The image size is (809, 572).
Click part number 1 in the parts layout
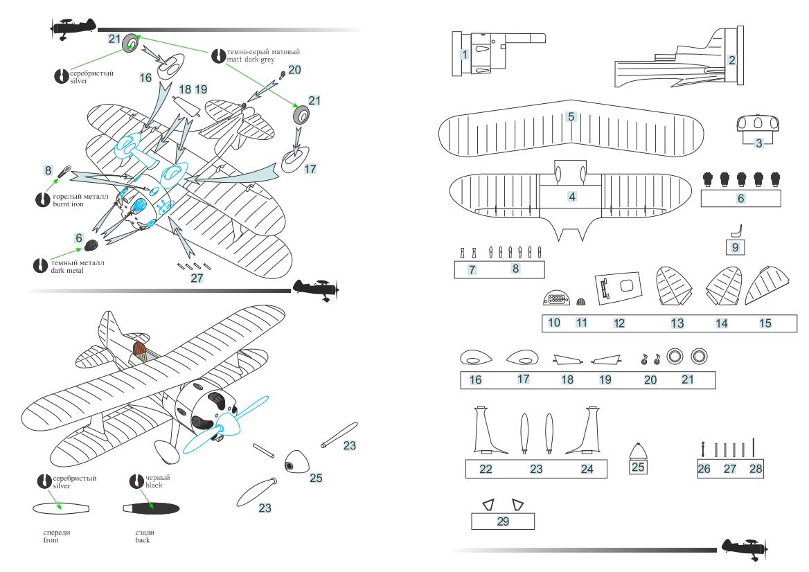pyautogui.click(x=464, y=53)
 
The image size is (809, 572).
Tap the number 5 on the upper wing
pyautogui.click(x=571, y=116)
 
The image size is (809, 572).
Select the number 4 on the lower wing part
pyautogui.click(x=572, y=197)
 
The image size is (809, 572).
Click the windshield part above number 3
pyautogui.click(x=757, y=124)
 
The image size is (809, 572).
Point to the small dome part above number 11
pyautogui.click(x=582, y=301)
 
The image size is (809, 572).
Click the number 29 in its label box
pyautogui.click(x=503, y=521)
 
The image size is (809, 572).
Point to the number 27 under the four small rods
pyautogui.click(x=197, y=278)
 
